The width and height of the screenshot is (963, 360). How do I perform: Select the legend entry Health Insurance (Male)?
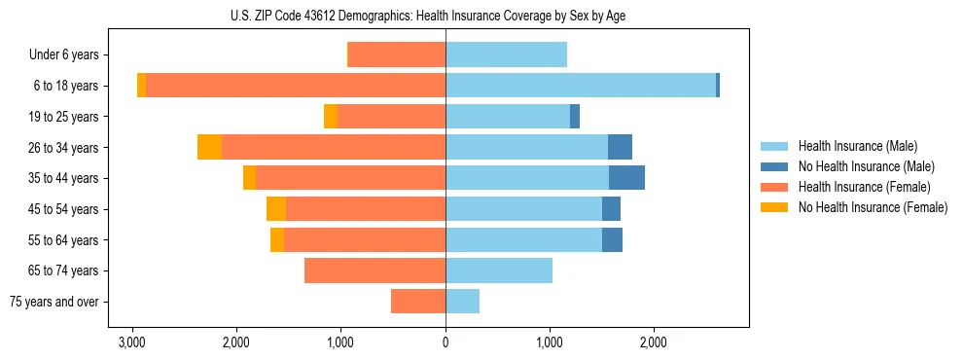coord(856,146)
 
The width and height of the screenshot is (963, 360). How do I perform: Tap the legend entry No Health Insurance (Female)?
coord(872,207)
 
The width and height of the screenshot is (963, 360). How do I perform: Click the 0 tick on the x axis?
coord(446,342)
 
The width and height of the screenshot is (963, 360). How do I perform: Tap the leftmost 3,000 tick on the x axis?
coord(132,342)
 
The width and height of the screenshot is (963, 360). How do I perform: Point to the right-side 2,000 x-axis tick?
coord(654,342)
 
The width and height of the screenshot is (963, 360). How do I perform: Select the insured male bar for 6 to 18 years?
coord(581,86)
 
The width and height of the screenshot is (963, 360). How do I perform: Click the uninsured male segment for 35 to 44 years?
coord(626,178)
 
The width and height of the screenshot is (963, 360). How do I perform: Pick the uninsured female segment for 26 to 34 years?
coord(209,147)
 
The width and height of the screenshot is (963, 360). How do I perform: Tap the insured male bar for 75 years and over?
coord(462,302)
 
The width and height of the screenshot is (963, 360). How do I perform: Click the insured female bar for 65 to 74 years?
coord(374,270)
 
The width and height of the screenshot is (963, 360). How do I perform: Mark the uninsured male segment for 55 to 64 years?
coord(612,239)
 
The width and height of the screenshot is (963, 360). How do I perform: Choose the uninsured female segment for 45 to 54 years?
coord(276,209)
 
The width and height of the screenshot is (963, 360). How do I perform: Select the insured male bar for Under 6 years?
coord(506,55)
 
